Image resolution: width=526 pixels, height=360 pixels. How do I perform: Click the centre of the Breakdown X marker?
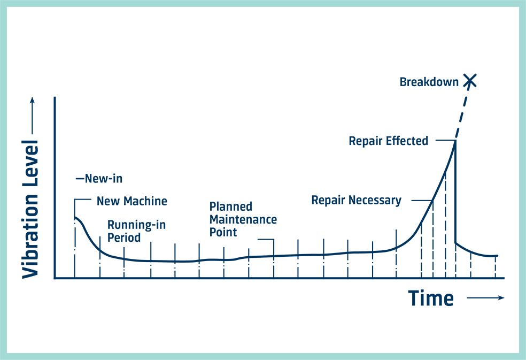point(470,81)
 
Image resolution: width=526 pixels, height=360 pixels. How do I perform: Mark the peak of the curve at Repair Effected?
point(455,141)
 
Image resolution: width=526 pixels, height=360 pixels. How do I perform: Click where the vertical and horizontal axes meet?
point(55,278)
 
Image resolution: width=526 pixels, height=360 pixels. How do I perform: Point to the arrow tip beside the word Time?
point(504,297)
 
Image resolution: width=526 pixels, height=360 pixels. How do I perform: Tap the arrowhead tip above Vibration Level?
point(32,97)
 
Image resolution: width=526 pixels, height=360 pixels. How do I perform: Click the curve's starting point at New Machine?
point(74,217)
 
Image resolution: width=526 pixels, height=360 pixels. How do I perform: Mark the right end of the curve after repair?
point(498,256)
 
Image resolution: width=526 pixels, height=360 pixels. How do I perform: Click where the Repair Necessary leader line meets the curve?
point(432,201)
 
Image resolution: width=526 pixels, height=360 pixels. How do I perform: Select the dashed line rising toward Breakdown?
point(462,112)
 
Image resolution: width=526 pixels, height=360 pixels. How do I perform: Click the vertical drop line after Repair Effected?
point(455,192)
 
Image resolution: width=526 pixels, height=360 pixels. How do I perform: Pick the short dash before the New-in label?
point(80,179)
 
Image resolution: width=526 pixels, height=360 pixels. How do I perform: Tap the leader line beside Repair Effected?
point(445,140)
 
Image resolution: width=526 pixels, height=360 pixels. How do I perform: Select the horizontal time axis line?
point(280,278)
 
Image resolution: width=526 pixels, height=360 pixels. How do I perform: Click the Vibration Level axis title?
point(30,209)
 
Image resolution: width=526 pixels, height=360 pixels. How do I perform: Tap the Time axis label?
point(431,298)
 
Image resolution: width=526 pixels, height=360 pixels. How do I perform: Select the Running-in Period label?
point(136,231)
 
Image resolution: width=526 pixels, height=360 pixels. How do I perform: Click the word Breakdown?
point(429,82)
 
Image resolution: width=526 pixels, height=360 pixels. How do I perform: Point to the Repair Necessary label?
point(356,201)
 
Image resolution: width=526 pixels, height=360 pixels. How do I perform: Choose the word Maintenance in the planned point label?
point(243,220)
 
